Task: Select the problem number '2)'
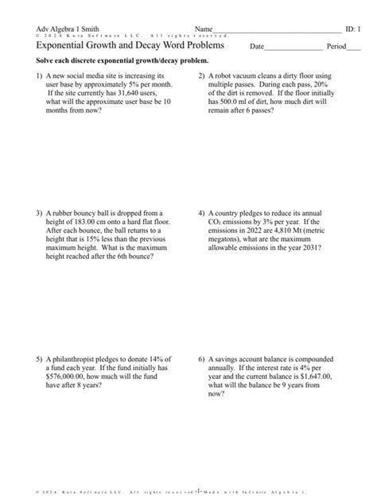[x=202, y=76]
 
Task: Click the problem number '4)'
[x=202, y=213]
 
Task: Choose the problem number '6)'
[x=202, y=358]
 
